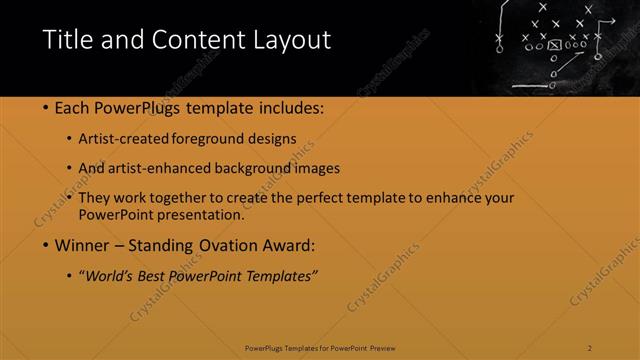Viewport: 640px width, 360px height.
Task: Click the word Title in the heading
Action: point(65,40)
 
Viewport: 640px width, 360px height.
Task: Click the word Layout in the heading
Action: point(291,40)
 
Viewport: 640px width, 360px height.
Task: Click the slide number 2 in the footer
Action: point(590,348)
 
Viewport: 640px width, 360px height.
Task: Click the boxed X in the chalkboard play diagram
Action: point(555,45)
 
